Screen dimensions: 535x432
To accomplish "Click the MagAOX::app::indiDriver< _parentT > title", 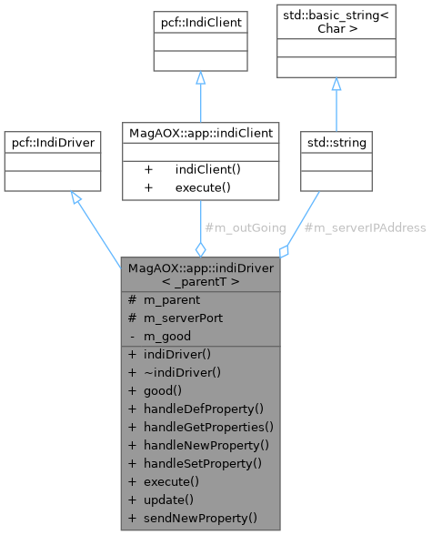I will (200, 275).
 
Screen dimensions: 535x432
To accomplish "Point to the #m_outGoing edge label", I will (246, 227).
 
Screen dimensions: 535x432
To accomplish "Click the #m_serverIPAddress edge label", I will (364, 227).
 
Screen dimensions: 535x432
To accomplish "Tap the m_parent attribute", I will (171, 300).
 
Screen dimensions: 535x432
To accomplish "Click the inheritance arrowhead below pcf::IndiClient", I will (200, 79).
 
